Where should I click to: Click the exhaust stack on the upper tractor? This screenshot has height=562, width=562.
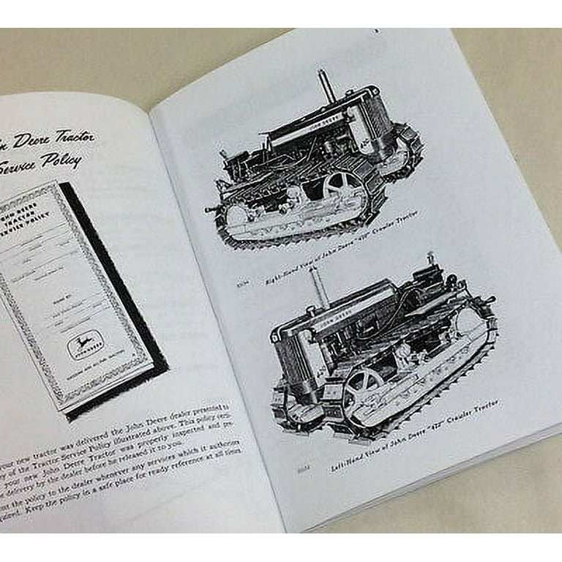(323, 86)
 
